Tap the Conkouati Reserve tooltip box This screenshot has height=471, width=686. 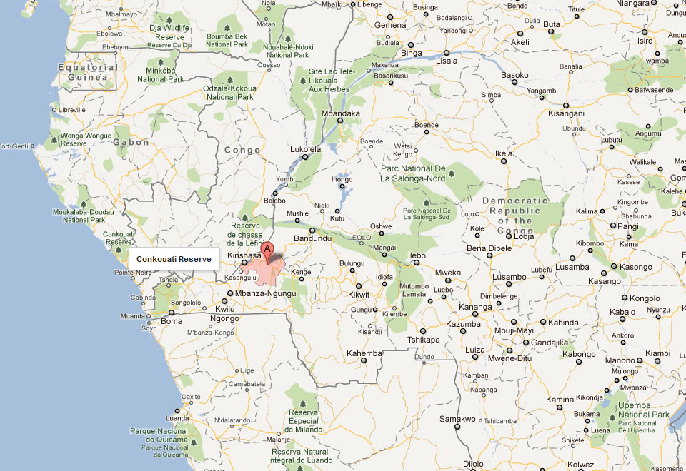point(174,259)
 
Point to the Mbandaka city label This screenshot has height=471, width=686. point(341,113)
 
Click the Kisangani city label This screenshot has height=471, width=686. point(566,113)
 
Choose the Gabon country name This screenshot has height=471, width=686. point(131,142)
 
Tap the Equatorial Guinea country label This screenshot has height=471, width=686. point(88,72)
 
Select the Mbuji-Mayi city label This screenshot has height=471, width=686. point(514,330)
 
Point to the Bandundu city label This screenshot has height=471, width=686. point(314,239)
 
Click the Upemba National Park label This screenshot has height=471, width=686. point(643,410)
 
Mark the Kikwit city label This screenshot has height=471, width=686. point(359,295)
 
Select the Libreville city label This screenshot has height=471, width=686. point(71,110)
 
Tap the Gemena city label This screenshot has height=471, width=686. point(391,25)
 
